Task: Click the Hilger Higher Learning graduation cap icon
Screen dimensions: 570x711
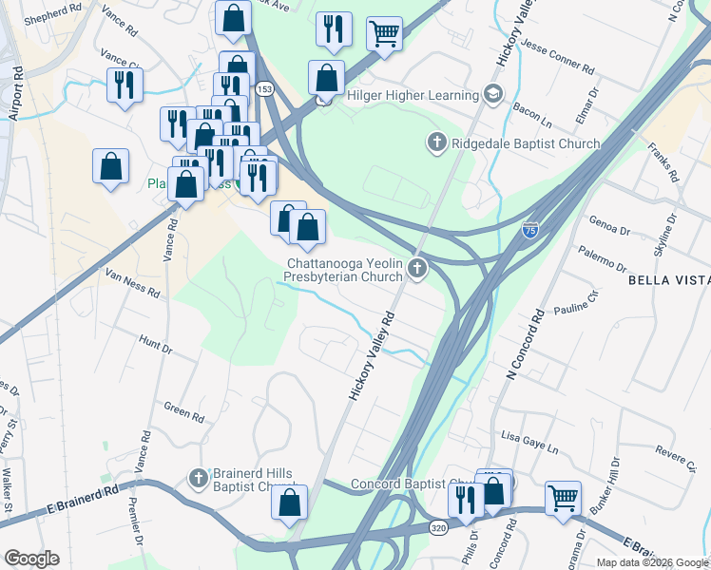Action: pos(493,95)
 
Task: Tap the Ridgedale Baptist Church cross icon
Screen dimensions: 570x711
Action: pos(436,143)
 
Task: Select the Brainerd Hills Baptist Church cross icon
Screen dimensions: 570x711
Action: pos(199,477)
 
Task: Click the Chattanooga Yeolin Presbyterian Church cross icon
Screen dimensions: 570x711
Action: pos(415,272)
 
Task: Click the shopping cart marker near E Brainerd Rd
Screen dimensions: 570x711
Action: pos(563,499)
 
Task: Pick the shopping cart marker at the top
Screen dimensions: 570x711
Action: pos(384,32)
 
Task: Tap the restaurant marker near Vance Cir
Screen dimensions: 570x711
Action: pos(125,85)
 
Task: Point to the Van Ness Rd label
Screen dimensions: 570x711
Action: pos(132,280)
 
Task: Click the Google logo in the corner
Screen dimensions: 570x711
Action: pos(31,559)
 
